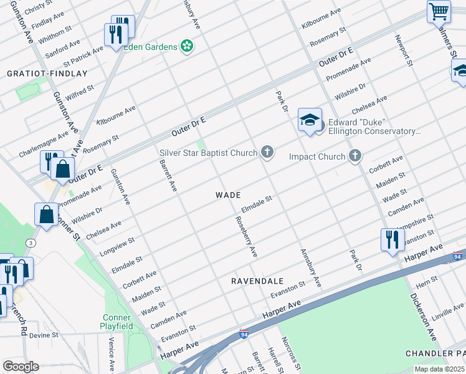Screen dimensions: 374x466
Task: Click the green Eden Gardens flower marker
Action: tap(186, 46)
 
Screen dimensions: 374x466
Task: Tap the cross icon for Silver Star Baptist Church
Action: tap(267, 152)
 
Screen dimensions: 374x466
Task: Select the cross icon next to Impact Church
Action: tap(354, 156)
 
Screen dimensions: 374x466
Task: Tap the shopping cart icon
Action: tap(439, 11)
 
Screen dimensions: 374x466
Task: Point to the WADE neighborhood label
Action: tap(228, 195)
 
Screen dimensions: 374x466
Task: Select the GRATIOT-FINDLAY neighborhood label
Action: tap(47, 74)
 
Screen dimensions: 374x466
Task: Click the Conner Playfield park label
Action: tap(117, 322)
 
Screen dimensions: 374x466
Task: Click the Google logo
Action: tap(21, 367)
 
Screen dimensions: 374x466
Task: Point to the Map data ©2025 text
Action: tap(440, 369)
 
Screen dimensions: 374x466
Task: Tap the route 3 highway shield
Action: tap(29, 242)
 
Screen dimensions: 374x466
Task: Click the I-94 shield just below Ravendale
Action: tap(244, 334)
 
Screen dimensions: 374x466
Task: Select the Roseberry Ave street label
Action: tap(245, 237)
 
